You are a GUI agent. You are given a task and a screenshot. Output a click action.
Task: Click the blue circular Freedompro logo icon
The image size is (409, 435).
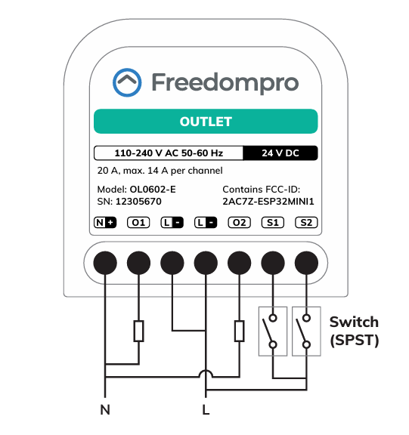point(127,82)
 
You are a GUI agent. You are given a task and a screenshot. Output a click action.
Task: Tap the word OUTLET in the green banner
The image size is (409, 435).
point(206,122)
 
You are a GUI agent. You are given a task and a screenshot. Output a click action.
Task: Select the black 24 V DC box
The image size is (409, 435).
point(280,153)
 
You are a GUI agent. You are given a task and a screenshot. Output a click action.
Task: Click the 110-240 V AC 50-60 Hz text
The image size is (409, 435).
point(169,153)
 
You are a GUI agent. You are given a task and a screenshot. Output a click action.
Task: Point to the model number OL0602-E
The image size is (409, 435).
point(153,190)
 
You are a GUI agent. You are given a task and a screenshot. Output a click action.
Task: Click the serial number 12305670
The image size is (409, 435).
point(138,202)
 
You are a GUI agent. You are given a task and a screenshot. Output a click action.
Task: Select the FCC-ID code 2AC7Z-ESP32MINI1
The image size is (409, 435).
point(268,202)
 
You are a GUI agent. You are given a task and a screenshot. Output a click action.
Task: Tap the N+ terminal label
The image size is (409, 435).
point(105,223)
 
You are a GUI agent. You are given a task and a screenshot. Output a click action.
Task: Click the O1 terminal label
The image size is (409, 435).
point(138,223)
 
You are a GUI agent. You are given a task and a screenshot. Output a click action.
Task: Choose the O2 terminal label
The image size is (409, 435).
point(240,223)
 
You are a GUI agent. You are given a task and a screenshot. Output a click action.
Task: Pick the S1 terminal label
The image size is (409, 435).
point(273,223)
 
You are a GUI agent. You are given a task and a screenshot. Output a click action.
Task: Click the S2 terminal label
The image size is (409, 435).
point(306,223)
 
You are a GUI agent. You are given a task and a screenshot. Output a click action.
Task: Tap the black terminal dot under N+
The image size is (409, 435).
point(105,263)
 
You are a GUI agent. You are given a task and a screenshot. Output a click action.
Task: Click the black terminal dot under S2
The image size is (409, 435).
point(306,263)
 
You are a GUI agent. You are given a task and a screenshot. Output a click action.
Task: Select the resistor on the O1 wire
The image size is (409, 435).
point(139,331)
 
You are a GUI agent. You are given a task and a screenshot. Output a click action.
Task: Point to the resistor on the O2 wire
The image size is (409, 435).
point(240,331)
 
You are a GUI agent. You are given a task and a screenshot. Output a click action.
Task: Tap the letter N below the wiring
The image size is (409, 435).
point(105,410)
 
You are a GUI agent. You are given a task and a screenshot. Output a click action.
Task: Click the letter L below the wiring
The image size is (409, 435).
point(206,410)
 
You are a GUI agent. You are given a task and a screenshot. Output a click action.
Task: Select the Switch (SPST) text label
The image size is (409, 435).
point(355,332)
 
